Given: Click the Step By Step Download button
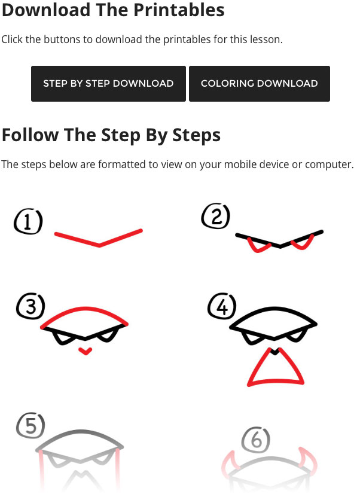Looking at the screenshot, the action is pyautogui.click(x=108, y=84).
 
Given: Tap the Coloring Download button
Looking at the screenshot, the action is pyautogui.click(x=260, y=84).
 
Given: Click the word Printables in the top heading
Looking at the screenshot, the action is pyautogui.click(x=179, y=10).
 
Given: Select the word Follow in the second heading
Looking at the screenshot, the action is pyautogui.click(x=30, y=135).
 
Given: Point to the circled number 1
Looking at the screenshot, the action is pyautogui.click(x=28, y=222).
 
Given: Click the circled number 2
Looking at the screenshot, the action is pyautogui.click(x=215, y=217).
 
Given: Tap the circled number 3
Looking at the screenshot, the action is pyautogui.click(x=30, y=306).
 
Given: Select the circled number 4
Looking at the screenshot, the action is pyautogui.click(x=222, y=306).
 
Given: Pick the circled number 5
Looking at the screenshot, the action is pyautogui.click(x=30, y=425).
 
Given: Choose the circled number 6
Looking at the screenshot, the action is pyautogui.click(x=256, y=440).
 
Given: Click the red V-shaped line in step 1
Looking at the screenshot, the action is pyautogui.click(x=99, y=245).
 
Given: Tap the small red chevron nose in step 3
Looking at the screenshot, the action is pyautogui.click(x=85, y=351).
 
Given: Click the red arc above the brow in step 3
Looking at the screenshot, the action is pyautogui.click(x=85, y=309).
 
